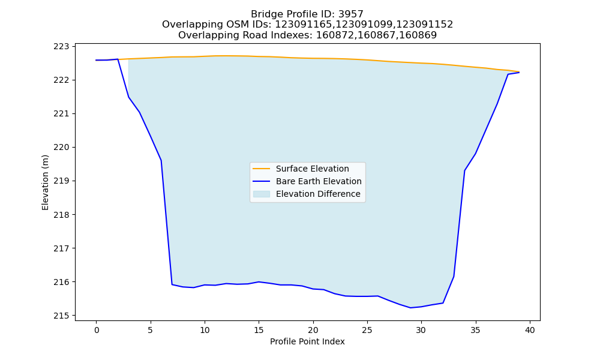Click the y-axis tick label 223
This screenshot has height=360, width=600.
click(x=61, y=46)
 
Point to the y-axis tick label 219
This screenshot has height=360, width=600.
click(x=61, y=181)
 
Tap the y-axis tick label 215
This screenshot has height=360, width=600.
click(x=61, y=316)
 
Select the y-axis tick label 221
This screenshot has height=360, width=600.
click(x=61, y=113)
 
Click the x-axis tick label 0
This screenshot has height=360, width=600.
click(x=96, y=330)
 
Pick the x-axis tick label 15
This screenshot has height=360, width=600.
click(x=259, y=330)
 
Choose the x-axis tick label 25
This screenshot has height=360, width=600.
click(x=367, y=330)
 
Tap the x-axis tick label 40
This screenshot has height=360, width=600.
click(x=530, y=330)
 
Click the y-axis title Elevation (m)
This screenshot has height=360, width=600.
click(x=45, y=182)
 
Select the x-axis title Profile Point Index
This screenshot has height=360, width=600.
click(x=307, y=341)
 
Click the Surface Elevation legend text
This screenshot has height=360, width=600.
click(x=312, y=169)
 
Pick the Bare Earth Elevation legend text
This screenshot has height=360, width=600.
click(x=319, y=181)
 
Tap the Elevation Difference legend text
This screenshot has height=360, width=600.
click(x=318, y=194)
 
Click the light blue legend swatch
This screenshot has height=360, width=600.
click(x=262, y=194)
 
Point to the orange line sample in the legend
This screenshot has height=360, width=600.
click(x=262, y=169)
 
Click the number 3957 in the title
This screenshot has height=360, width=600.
click(x=350, y=14)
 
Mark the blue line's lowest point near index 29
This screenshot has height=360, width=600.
click(x=410, y=308)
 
